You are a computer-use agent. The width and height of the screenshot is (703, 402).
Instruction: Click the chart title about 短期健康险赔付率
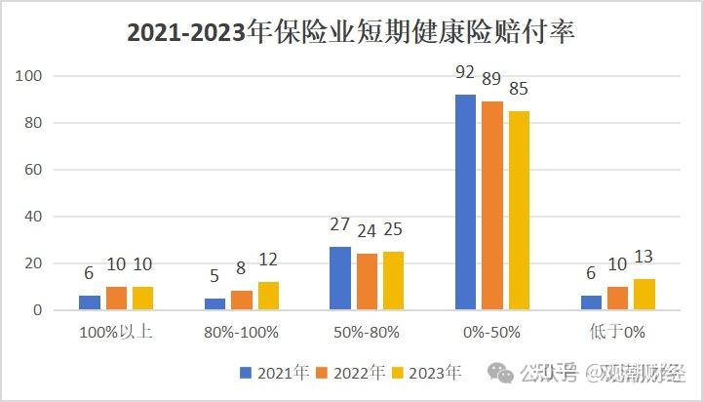point(351,33)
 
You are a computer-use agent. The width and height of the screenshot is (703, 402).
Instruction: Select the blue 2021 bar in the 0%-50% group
point(466,202)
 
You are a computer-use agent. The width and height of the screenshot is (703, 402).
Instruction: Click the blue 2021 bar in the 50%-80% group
point(340,278)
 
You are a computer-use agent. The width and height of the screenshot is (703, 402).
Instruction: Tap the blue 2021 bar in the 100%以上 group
point(90,302)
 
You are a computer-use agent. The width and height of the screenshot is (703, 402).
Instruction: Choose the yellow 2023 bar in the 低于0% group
point(644,295)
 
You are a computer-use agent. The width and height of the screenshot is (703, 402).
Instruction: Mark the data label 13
point(645,257)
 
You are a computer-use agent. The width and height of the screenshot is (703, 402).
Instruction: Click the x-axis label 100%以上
point(115,332)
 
